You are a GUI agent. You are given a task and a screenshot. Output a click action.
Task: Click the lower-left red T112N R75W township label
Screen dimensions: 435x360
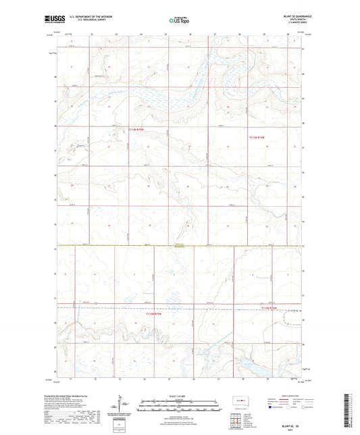[155, 313]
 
